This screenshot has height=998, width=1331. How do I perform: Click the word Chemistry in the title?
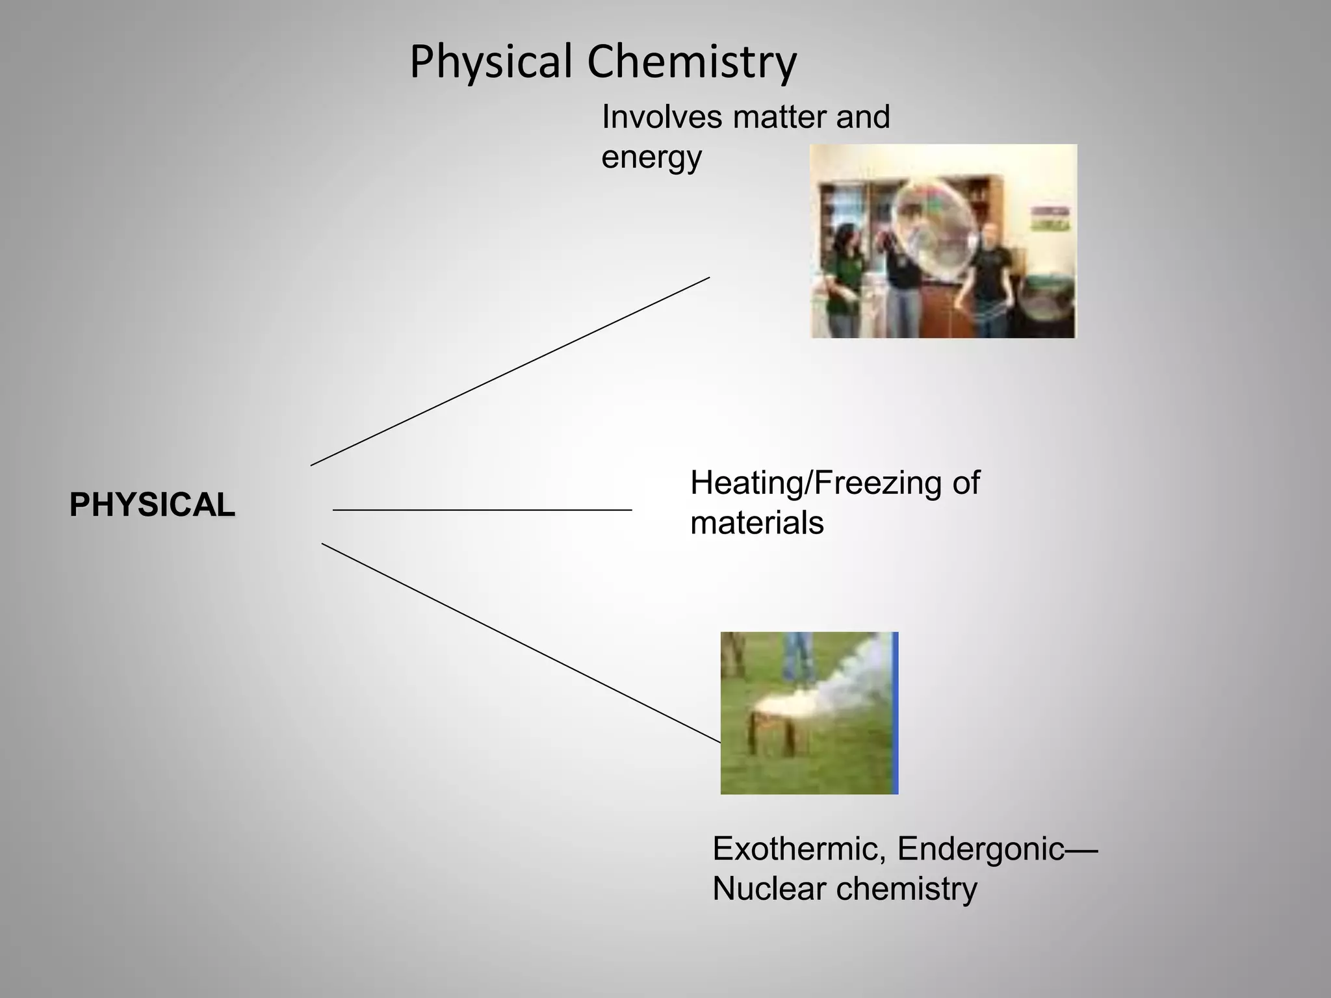[691, 63]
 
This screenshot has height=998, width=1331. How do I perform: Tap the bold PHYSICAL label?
[152, 505]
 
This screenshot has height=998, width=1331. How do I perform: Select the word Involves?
[662, 118]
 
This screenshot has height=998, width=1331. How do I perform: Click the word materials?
[756, 523]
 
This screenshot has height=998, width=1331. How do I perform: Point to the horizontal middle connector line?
[482, 510]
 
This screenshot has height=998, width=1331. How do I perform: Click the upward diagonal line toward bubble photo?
[510, 371]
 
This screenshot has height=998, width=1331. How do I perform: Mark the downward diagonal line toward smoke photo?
[520, 642]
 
